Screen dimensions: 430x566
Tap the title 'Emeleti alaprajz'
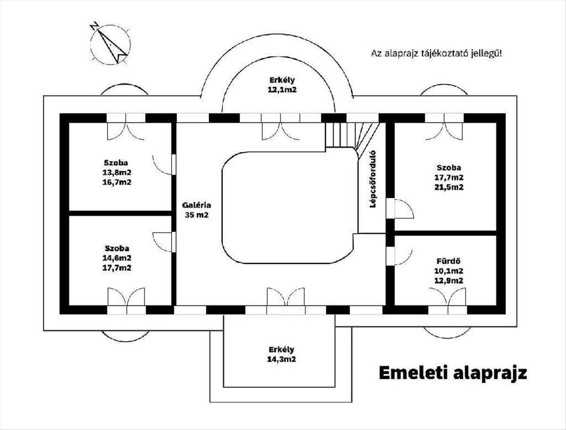tap(452, 372)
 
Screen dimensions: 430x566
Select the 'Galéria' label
tap(197, 205)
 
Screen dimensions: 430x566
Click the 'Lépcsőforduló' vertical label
tap(372, 179)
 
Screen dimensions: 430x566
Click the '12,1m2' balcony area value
tap(283, 90)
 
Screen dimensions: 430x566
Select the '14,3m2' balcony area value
tap(282, 359)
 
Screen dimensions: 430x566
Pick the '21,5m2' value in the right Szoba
tap(449, 187)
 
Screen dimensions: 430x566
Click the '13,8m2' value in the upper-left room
tap(117, 172)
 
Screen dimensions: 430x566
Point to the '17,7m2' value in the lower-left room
tap(117, 268)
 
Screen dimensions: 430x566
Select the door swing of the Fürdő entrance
tap(402, 255)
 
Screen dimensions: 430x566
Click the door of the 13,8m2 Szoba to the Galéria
tap(164, 164)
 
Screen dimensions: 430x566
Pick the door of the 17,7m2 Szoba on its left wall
tap(402, 209)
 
